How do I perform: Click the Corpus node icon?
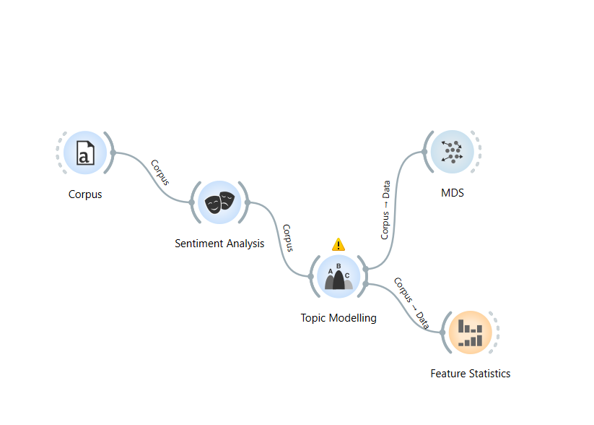tap(85, 153)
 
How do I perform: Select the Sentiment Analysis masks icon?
tap(219, 202)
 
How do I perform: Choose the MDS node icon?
tap(453, 152)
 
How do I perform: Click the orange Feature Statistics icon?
tap(470, 333)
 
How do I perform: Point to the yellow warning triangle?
tap(339, 244)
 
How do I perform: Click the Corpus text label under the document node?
tap(85, 194)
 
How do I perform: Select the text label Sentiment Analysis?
tap(219, 244)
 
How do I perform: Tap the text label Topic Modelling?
tap(339, 317)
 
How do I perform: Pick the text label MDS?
tap(453, 193)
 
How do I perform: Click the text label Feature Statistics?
tap(470, 374)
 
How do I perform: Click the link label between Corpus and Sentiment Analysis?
tap(160, 172)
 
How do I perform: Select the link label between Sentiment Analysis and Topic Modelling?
tap(288, 238)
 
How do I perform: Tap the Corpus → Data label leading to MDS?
tap(385, 210)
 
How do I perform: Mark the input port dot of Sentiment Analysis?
tap(191, 203)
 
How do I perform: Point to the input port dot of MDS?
tap(424, 152)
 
